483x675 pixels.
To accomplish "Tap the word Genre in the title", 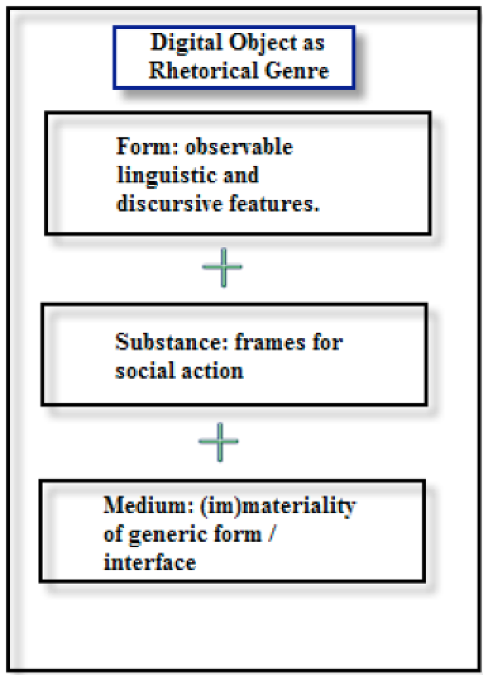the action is click(x=297, y=70).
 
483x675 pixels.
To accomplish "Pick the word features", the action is click(x=274, y=203).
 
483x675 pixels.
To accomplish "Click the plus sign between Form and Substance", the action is click(x=223, y=267).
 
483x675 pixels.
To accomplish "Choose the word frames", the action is click(x=269, y=342).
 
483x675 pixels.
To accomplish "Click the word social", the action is click(x=144, y=370).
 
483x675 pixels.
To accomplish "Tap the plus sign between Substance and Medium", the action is click(x=218, y=442).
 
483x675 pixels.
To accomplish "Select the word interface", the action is click(x=150, y=562).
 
